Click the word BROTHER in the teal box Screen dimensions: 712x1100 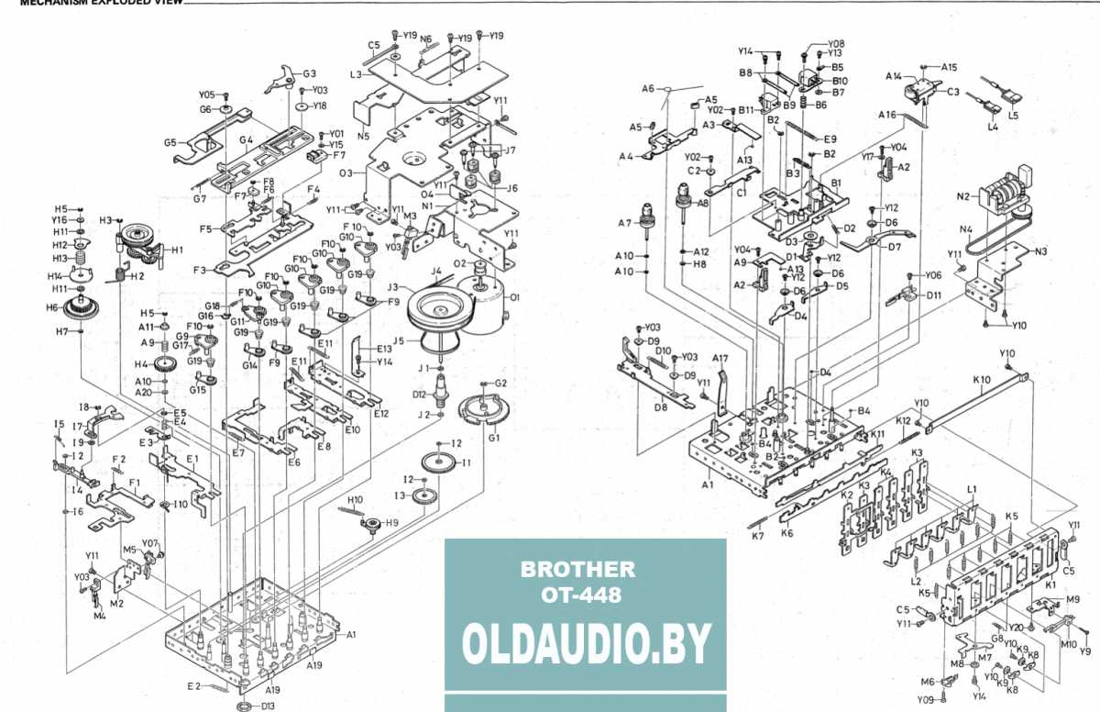coord(577,569)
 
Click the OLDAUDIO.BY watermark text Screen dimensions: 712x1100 coord(587,645)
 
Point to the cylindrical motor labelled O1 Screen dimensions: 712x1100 coord(494,300)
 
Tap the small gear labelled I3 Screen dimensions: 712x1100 coord(423,496)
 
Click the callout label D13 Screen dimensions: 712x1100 coord(268,706)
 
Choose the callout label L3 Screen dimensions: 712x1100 coord(355,73)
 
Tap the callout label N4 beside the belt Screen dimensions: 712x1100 coord(965,229)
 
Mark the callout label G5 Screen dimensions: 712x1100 coord(170,142)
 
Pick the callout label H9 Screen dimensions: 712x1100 coord(391,522)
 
